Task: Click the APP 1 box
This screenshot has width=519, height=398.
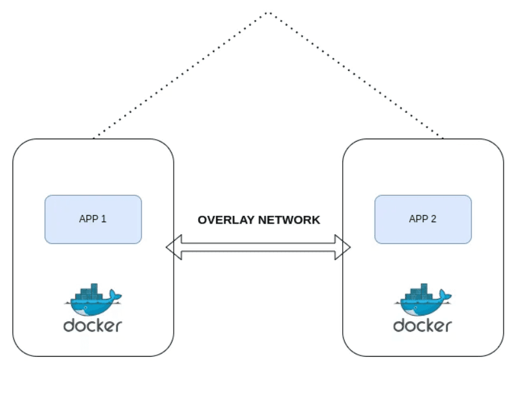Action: (x=93, y=219)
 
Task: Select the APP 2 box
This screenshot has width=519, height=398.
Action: (x=423, y=219)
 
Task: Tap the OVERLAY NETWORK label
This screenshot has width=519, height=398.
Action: (x=259, y=220)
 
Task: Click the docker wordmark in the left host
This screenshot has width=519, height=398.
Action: (x=93, y=325)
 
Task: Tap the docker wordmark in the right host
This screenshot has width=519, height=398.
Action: (x=423, y=325)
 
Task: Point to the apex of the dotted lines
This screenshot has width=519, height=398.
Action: (x=268, y=12)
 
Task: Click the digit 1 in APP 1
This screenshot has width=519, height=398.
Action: (x=104, y=219)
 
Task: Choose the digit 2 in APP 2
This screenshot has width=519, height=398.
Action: (x=433, y=219)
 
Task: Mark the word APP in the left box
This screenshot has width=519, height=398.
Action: (x=88, y=219)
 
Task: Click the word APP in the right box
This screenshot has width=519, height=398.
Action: (x=418, y=219)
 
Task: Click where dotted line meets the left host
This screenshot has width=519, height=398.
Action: (x=94, y=138)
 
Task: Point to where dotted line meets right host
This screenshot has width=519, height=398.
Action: (x=443, y=138)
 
